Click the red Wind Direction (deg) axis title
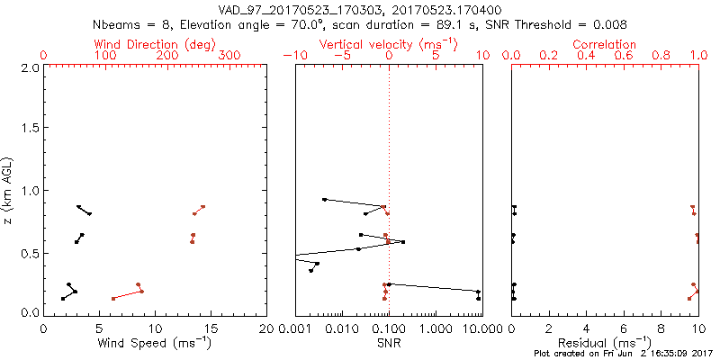click(x=156, y=44)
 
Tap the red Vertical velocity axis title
click(x=389, y=44)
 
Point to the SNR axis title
click(x=389, y=343)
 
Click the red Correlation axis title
click(x=605, y=44)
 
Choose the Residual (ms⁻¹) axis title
click(x=605, y=343)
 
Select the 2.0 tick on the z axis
click(x=29, y=67)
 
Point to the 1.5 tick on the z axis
click(x=29, y=129)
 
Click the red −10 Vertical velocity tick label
click(x=292, y=56)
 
